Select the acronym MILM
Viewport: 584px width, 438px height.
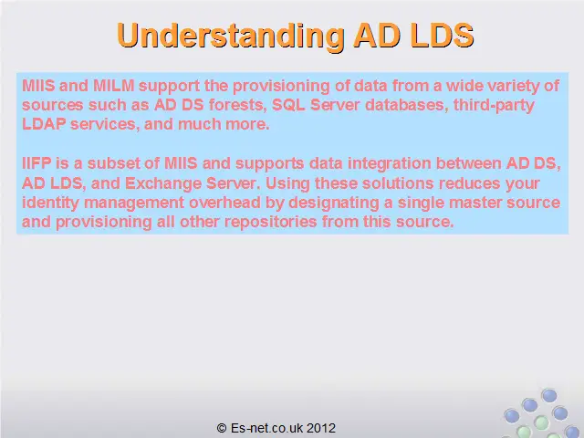113,86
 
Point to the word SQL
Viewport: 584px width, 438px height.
288,105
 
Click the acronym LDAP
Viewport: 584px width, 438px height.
44,124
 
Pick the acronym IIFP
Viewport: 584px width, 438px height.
36,163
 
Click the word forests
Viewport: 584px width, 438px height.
238,105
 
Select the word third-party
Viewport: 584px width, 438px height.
494,106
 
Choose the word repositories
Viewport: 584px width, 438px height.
271,222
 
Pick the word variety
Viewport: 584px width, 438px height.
513,86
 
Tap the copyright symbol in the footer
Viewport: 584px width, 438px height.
222,428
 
